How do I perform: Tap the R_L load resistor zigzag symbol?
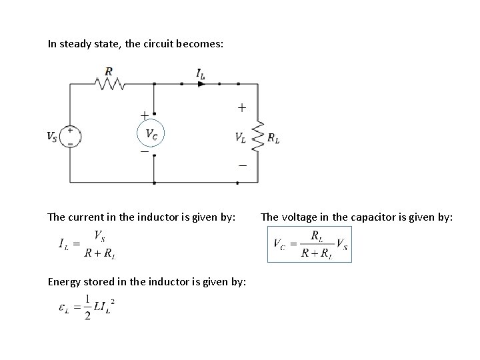coord(258,137)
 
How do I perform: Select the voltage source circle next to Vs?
coord(70,136)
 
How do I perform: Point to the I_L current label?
coord(201,74)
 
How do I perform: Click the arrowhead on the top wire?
coord(201,83)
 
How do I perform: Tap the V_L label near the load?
coord(240,137)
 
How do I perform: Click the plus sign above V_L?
coord(241,107)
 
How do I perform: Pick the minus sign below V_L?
coord(241,165)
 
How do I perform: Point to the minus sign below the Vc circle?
coord(144,152)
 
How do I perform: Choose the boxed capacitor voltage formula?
coord(309,245)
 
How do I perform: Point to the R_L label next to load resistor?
coord(273,137)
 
